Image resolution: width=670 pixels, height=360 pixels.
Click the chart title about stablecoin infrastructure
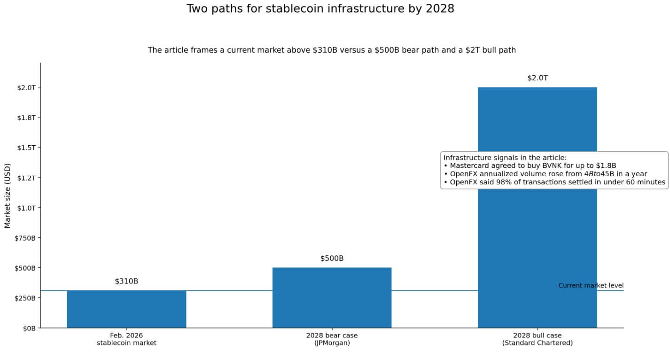(320, 9)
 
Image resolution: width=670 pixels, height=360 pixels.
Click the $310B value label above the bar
(126, 282)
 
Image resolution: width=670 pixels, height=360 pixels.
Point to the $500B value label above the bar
(332, 258)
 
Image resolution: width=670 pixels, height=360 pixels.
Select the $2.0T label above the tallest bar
(537, 78)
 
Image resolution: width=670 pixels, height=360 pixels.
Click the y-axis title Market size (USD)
(8, 195)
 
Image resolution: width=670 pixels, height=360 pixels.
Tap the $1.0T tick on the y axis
(26, 208)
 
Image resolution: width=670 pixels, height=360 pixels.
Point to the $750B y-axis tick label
(25, 238)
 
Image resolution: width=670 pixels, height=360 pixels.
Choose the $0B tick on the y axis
(30, 328)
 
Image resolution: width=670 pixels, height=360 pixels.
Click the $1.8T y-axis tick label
(26, 117)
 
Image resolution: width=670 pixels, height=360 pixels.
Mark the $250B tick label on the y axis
(25, 298)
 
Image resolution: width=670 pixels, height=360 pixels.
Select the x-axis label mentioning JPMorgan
(332, 339)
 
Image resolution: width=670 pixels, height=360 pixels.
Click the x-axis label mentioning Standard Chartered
(537, 339)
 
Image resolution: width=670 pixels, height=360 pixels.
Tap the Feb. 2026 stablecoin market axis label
(126, 339)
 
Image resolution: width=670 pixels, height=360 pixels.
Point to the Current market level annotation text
(591, 286)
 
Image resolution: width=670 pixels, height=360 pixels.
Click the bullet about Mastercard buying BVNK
(530, 165)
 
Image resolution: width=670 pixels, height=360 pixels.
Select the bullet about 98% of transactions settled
(554, 182)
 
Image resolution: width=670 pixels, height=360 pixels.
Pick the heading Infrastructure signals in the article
(505, 157)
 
